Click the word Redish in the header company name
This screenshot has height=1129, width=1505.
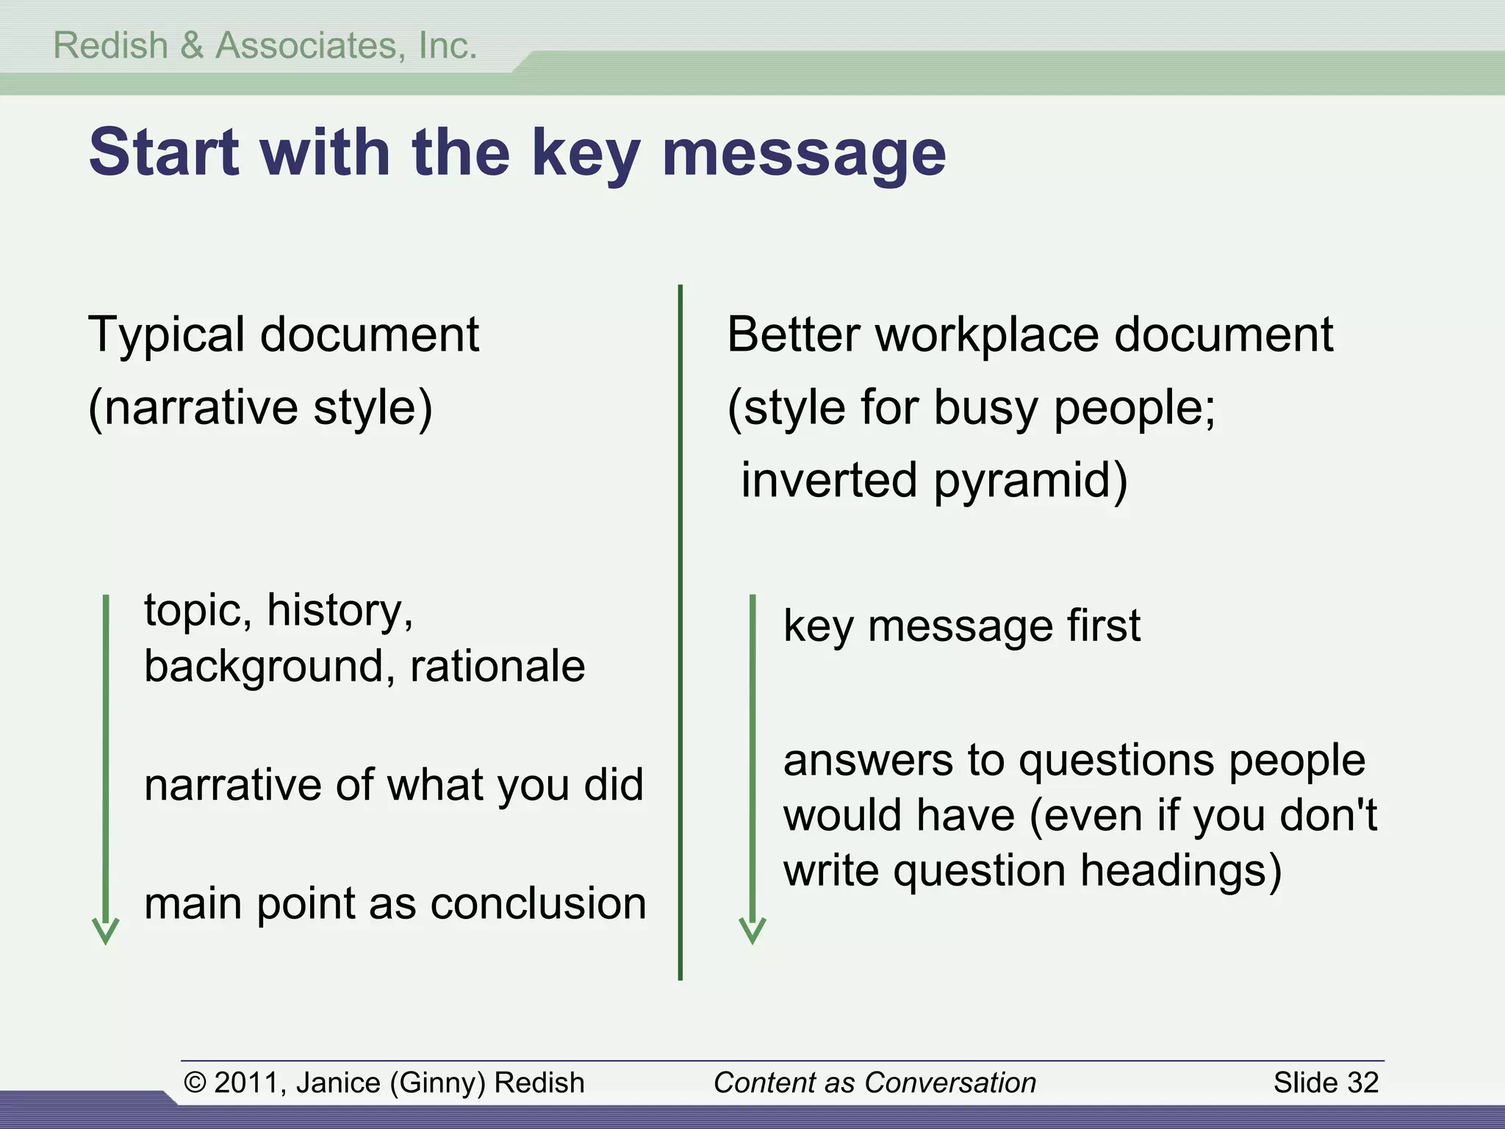[x=110, y=46]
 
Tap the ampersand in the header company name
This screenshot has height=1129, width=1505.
[x=192, y=46]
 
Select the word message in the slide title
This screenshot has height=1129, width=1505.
[x=804, y=154]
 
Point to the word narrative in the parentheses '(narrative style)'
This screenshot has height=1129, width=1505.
[x=201, y=408]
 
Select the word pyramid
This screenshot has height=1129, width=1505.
[x=1030, y=481]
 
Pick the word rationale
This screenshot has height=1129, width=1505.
[x=498, y=666]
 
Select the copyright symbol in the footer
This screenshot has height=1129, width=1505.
[x=194, y=1083]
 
